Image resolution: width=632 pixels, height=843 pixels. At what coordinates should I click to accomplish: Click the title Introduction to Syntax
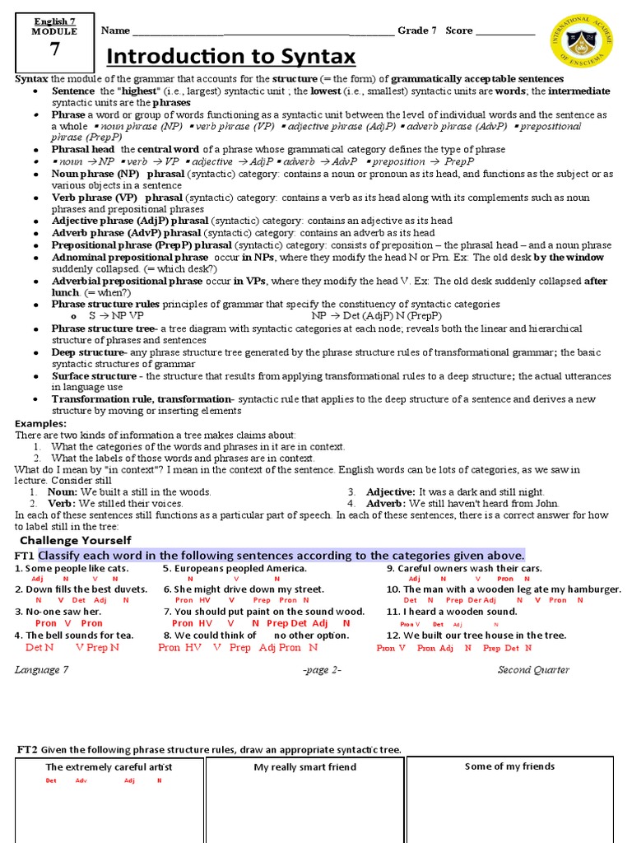click(x=232, y=56)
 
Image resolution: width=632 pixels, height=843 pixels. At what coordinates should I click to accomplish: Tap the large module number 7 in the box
click(x=54, y=49)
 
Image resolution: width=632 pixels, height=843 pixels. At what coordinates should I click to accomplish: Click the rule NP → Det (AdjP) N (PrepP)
click(x=376, y=316)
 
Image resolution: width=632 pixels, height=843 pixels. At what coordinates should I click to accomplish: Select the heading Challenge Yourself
click(x=75, y=541)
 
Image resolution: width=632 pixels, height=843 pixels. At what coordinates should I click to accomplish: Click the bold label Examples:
click(x=40, y=423)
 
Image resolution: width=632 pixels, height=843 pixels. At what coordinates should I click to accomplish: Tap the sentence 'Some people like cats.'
click(x=72, y=569)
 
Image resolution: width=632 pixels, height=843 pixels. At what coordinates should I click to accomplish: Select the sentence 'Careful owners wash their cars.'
click(x=464, y=569)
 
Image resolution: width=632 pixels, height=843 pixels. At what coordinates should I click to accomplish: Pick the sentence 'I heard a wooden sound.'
click(x=451, y=612)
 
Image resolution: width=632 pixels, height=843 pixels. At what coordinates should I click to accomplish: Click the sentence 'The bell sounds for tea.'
click(x=73, y=636)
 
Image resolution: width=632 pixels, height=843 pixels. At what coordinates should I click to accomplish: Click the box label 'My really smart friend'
click(x=304, y=767)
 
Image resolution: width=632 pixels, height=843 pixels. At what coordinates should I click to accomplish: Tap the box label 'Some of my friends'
click(x=509, y=766)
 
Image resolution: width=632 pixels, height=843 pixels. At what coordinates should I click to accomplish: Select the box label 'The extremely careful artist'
click(x=109, y=767)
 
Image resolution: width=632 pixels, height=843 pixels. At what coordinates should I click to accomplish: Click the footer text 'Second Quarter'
click(x=533, y=670)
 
